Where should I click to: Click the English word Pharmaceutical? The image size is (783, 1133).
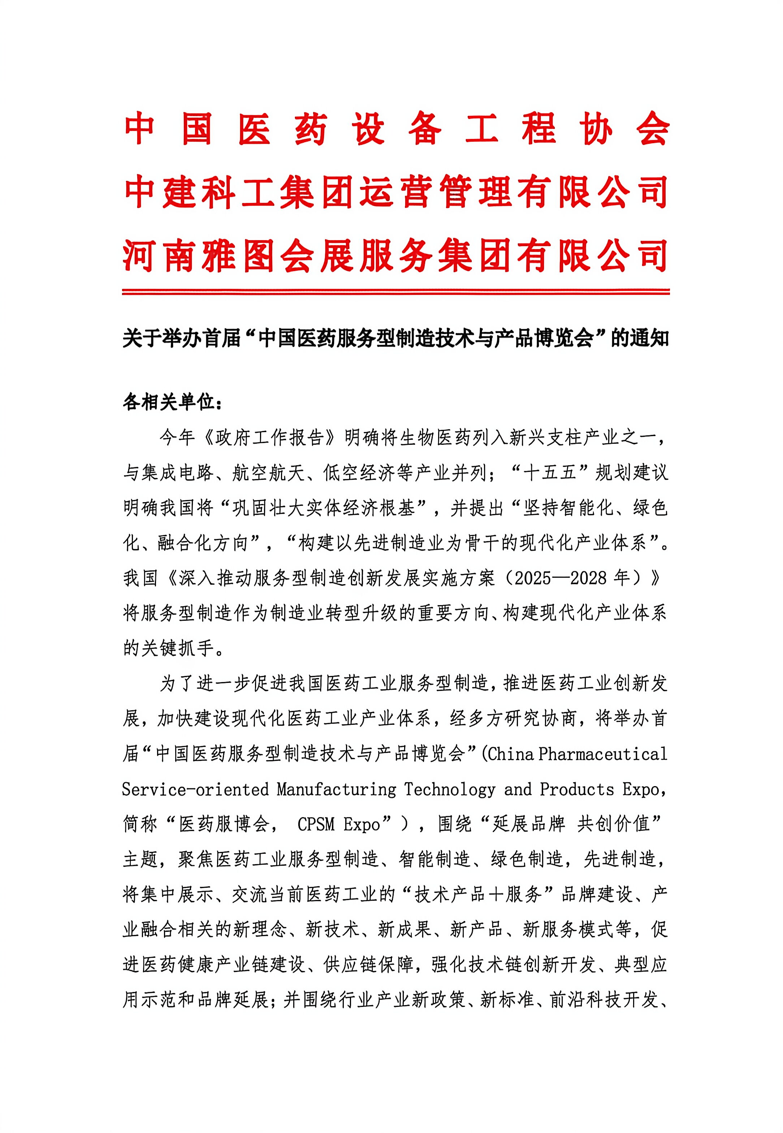602,754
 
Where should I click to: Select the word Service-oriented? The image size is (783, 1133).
195,789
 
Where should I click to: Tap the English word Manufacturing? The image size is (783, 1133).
337,789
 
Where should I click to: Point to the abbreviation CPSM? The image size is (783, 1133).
315,824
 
